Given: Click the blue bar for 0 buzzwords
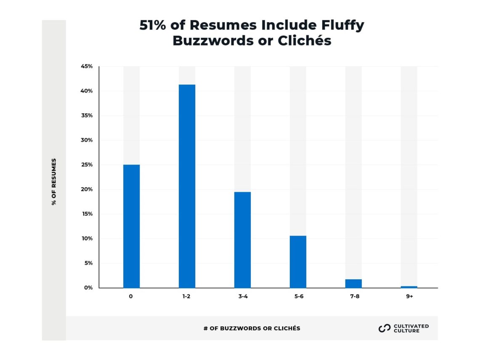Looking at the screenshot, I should (x=131, y=226).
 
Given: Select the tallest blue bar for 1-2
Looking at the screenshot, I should (x=187, y=186).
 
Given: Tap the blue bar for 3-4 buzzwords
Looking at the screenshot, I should (x=242, y=240).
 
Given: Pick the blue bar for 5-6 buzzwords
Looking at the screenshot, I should (x=298, y=262).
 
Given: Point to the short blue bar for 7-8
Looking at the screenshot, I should (x=353, y=283).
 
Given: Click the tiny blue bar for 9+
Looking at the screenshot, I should (x=409, y=287).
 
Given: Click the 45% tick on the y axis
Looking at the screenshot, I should (x=87, y=66).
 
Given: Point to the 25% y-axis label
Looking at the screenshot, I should (x=87, y=165).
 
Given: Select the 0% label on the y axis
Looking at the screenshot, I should (x=88, y=288).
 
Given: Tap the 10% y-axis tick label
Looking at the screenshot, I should (x=87, y=239).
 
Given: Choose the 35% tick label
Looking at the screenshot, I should (x=87, y=116).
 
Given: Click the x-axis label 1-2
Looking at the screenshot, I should (x=186, y=296).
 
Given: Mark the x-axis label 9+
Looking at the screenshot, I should (x=409, y=296).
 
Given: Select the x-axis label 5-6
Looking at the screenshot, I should (x=298, y=296).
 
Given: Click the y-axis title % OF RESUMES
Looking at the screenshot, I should (x=54, y=182).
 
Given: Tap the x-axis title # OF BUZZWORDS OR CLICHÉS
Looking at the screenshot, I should (x=252, y=328).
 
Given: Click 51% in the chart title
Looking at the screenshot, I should (x=153, y=25).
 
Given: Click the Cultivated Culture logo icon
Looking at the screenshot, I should (x=385, y=328).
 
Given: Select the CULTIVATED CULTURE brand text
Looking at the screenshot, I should (x=411, y=328).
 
